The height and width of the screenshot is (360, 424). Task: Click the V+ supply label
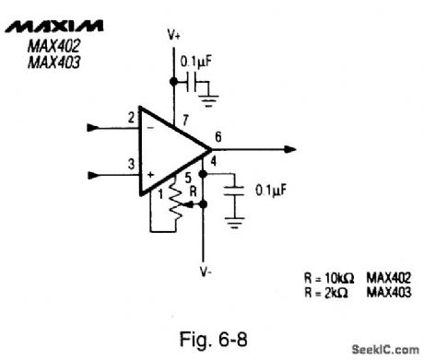(x=174, y=34)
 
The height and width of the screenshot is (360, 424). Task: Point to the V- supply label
(x=206, y=272)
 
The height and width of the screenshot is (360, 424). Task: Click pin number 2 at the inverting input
(x=132, y=117)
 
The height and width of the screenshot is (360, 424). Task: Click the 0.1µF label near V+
(x=195, y=62)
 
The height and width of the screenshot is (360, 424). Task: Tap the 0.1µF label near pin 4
(x=269, y=192)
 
